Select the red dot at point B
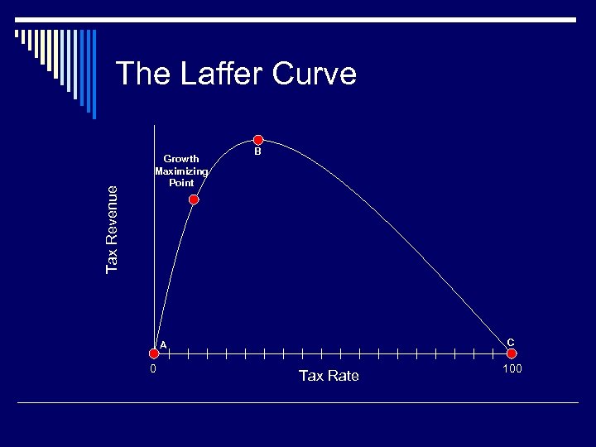[x=258, y=140]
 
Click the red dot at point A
[x=154, y=353]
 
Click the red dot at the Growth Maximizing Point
[x=194, y=199]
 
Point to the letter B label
[x=258, y=152]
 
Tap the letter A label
[x=164, y=344]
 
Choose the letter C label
[x=511, y=342]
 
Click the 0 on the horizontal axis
[x=153, y=369]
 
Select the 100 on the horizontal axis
[x=512, y=368]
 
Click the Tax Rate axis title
[x=329, y=376]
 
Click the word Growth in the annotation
[x=181, y=159]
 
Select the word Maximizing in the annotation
[x=181, y=171]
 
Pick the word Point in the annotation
[x=181, y=182]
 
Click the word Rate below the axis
[x=343, y=376]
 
